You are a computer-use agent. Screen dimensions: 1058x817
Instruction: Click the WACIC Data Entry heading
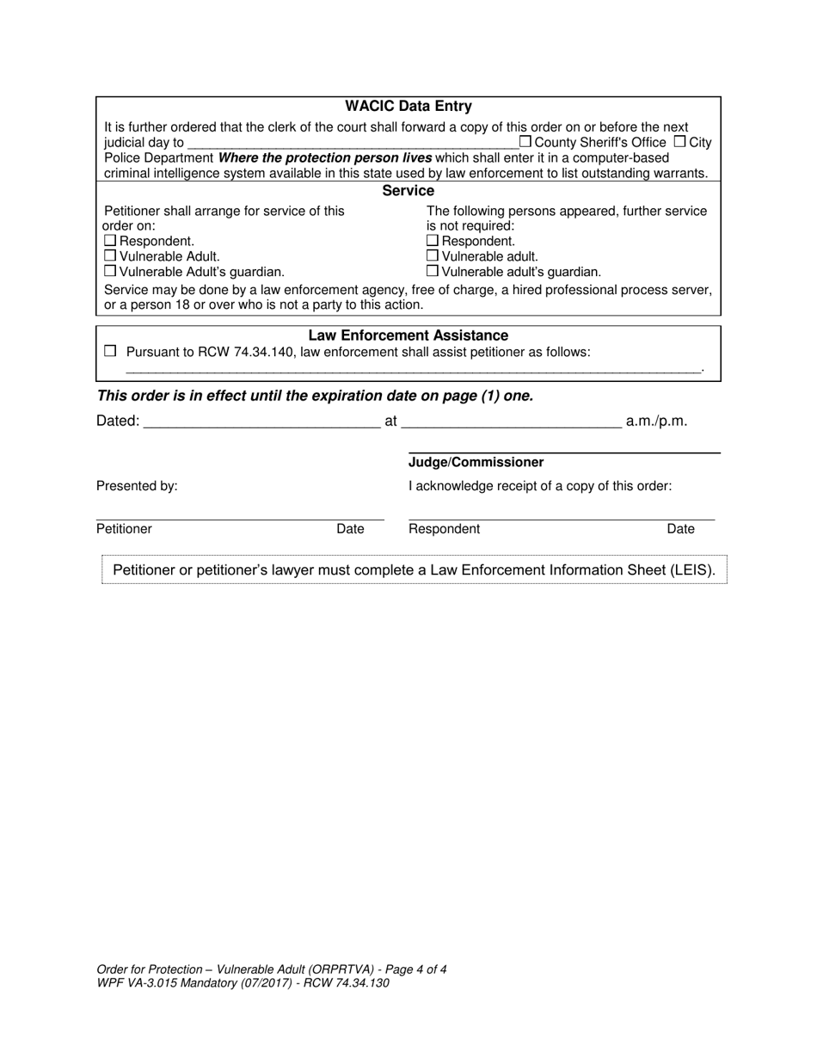tap(408, 107)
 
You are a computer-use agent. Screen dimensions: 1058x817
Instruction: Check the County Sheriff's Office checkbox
tap(525, 142)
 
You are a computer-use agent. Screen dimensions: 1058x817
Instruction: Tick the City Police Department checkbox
tap(679, 142)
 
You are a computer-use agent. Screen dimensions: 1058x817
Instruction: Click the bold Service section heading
tap(408, 191)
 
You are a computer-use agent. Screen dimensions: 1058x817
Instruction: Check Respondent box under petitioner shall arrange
tap(109, 241)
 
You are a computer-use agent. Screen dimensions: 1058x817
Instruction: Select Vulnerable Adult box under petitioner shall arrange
tap(109, 256)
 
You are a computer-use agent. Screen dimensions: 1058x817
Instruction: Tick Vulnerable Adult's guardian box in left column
tap(109, 272)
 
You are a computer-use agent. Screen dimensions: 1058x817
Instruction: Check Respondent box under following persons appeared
tap(433, 241)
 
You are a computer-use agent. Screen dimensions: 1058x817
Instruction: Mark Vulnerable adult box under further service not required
tap(433, 256)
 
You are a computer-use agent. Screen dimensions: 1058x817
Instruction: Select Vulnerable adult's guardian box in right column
tap(433, 272)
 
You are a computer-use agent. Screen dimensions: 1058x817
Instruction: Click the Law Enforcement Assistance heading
tap(408, 335)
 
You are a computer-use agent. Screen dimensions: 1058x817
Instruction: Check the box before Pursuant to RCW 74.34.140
tap(109, 351)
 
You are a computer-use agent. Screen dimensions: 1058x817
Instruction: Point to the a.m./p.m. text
tap(656, 421)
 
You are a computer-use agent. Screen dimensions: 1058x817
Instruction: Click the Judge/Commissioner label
tap(476, 463)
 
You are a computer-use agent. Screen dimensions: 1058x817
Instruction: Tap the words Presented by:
tap(137, 486)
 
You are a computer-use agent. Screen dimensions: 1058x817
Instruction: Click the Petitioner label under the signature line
tap(124, 529)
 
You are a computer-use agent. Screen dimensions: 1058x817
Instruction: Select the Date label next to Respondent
tap(680, 529)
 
